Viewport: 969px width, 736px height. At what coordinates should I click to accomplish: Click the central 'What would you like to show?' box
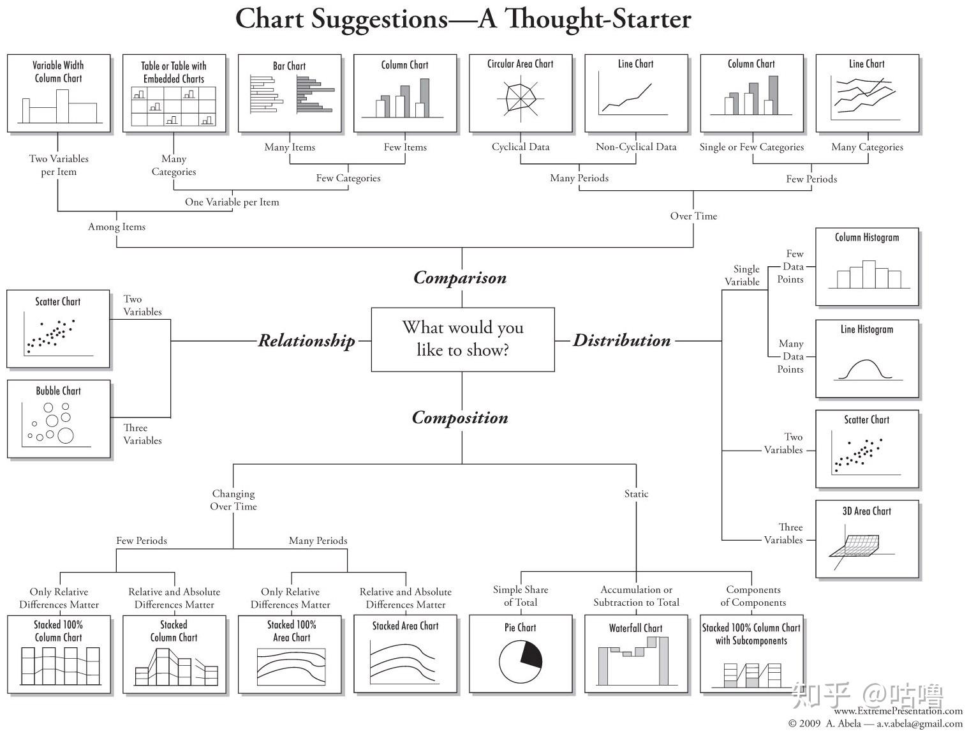[x=462, y=340]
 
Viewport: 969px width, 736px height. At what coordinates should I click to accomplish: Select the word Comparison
[x=460, y=278]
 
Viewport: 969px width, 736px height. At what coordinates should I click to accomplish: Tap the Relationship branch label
[x=306, y=341]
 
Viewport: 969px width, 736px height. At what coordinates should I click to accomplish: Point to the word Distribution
[x=621, y=340]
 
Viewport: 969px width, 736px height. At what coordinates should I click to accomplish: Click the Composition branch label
[x=460, y=418]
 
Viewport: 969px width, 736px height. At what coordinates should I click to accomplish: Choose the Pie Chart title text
[x=520, y=627]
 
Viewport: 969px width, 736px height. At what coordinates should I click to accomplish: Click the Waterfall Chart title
[x=636, y=627]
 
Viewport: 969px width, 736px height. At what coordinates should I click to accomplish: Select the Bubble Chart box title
[x=58, y=391]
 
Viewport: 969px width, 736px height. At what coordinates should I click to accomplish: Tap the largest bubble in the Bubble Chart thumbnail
[x=65, y=435]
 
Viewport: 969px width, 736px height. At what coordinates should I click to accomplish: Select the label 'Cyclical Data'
[x=521, y=147]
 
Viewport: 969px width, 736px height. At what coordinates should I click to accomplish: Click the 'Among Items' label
[x=117, y=227]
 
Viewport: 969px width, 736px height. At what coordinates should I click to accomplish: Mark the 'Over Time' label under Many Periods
[x=693, y=216]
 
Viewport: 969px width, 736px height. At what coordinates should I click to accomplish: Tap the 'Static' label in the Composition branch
[x=636, y=493]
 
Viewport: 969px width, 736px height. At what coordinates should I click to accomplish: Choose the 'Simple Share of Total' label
[x=521, y=596]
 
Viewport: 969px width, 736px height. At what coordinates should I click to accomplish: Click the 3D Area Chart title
[x=866, y=511]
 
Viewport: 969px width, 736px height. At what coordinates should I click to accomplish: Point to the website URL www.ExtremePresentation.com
[x=898, y=711]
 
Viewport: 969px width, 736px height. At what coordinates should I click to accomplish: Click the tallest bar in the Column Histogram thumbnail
[x=869, y=274]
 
